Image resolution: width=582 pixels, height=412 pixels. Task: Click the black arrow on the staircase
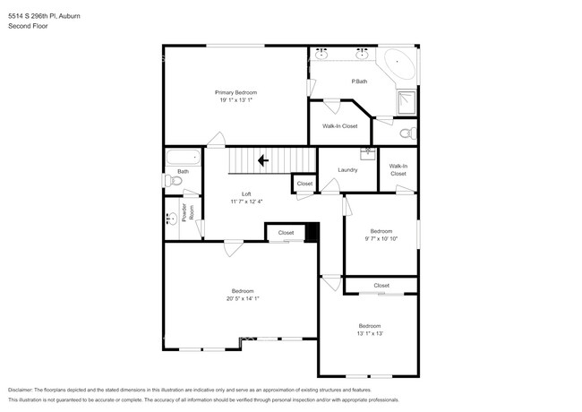(x=261, y=161)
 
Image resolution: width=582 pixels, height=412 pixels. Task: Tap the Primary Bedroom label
(x=236, y=93)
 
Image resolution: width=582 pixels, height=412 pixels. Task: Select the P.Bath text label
(x=358, y=82)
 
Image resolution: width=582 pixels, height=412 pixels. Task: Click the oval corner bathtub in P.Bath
(x=398, y=65)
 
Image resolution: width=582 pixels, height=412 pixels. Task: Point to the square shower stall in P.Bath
(x=407, y=101)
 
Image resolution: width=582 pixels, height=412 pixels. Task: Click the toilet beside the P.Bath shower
(x=407, y=133)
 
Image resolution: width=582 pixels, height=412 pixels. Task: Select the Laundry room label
(x=348, y=170)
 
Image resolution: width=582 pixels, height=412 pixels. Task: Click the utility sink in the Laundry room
(x=367, y=152)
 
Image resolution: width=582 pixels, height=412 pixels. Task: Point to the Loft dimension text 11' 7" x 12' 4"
(x=246, y=202)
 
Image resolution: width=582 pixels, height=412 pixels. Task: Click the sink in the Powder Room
(x=171, y=218)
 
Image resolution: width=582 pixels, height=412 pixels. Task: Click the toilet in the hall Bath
(x=175, y=181)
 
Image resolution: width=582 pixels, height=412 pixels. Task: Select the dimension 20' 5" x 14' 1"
(x=243, y=298)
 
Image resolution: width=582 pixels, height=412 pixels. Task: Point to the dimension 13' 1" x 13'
(x=370, y=333)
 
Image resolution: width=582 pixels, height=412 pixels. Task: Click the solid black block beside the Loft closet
(x=312, y=232)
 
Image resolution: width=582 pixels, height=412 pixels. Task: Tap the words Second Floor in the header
(x=28, y=26)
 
